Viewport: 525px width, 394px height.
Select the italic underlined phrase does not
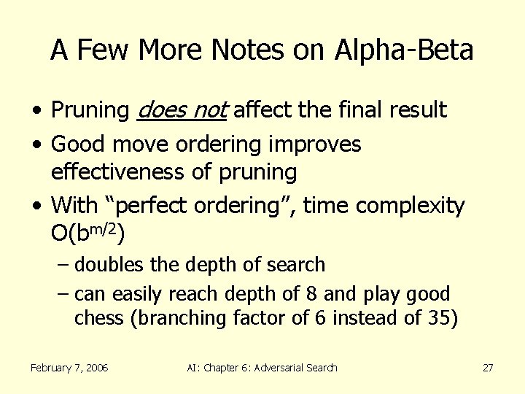click(182, 110)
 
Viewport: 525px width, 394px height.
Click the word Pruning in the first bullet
click(90, 110)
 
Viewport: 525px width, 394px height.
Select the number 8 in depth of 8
click(311, 294)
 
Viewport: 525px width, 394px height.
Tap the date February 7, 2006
click(69, 368)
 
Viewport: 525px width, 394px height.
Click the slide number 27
click(488, 368)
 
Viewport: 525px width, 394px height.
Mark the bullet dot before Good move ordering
click(36, 145)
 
